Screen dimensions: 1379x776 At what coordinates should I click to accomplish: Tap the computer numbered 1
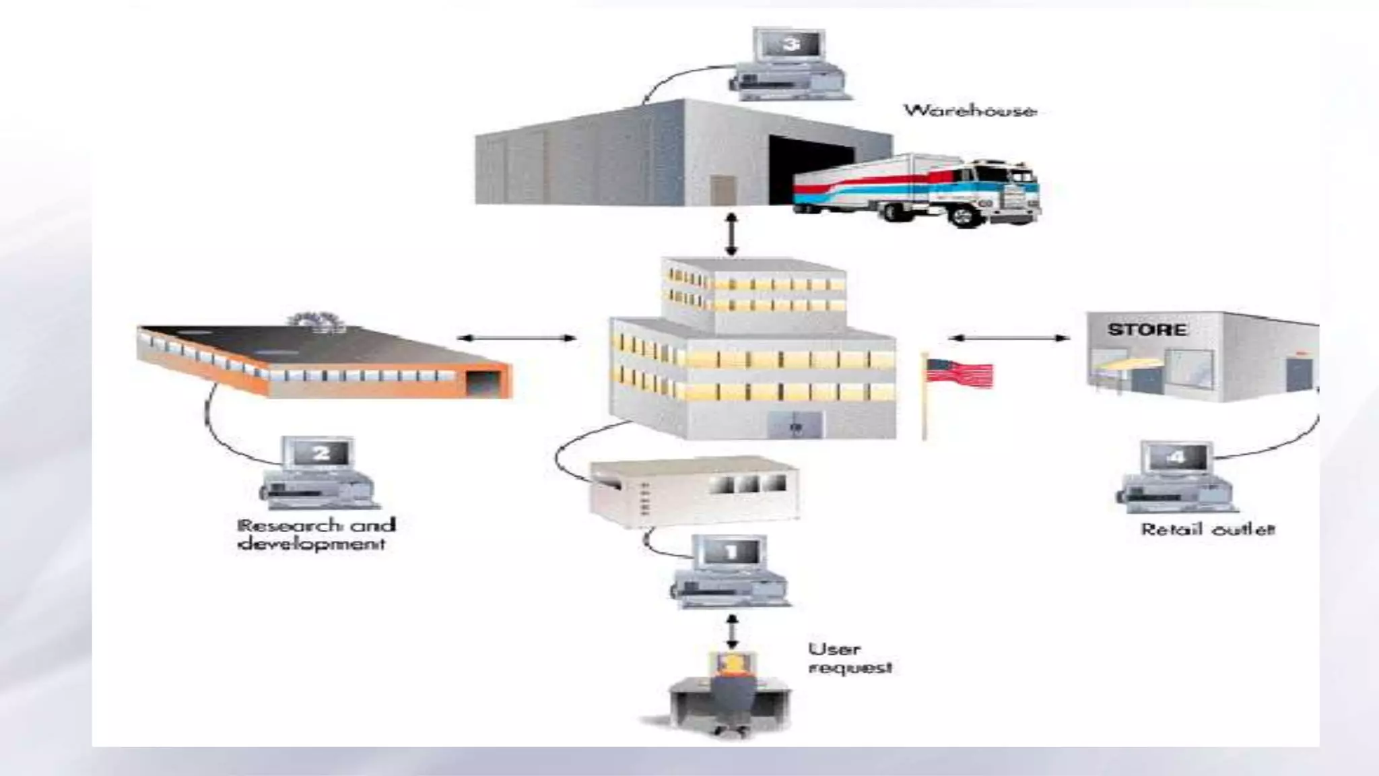click(x=730, y=571)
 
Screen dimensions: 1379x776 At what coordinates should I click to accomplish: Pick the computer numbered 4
click(x=1177, y=477)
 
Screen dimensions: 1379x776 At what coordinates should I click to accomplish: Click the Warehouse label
click(x=969, y=111)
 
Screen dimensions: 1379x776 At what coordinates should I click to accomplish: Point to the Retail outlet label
click(x=1207, y=529)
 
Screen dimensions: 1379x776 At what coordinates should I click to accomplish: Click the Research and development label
click(x=316, y=534)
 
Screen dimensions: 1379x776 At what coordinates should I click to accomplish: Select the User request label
click(x=850, y=658)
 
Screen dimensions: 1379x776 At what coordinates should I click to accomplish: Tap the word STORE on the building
click(x=1147, y=330)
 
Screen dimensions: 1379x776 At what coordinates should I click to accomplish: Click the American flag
click(x=959, y=373)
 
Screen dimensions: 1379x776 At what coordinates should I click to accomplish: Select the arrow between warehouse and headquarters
click(x=732, y=234)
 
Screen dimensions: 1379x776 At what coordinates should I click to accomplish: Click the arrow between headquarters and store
click(x=1008, y=337)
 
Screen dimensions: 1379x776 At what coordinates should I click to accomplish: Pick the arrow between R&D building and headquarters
click(x=516, y=337)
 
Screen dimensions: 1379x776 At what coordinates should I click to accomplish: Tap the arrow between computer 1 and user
click(x=733, y=630)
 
